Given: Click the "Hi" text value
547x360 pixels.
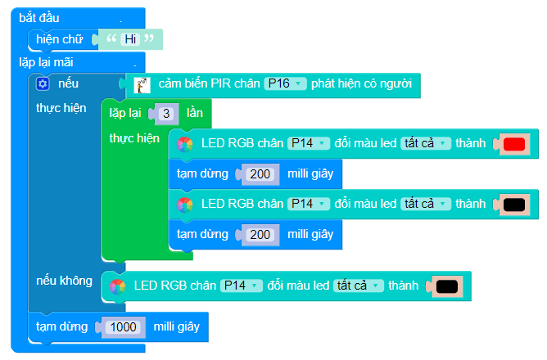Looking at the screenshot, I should pos(129,38).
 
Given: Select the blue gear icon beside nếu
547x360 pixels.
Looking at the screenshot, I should pos(43,84).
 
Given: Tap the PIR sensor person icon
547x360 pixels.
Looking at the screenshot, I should pos(142,84).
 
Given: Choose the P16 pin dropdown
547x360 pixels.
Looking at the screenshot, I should pos(285,83).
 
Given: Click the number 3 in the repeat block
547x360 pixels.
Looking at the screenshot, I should pos(166,113).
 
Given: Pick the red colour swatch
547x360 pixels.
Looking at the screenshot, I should pos(513,144).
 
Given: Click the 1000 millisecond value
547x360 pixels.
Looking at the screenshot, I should pos(124,326).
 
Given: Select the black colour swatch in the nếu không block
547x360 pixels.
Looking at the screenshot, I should pos(446,286).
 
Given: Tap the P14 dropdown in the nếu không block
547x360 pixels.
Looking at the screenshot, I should pos(241,286).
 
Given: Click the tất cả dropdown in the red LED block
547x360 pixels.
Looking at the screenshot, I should pos(426,143).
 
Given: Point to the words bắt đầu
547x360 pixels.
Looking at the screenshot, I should pos(39,18).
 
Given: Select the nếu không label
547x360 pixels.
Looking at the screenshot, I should pos(65,281).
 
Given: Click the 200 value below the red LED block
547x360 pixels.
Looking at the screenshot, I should pos(260,173).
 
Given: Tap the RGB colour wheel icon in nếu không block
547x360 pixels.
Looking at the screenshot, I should pos(117,286).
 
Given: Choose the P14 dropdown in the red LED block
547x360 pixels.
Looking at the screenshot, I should pos(308,143).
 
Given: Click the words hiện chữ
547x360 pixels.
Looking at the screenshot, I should pos(60,38).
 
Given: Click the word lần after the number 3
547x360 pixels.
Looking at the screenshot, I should pos(194,113).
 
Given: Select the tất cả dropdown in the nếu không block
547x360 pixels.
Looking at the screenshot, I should pos(359,286).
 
